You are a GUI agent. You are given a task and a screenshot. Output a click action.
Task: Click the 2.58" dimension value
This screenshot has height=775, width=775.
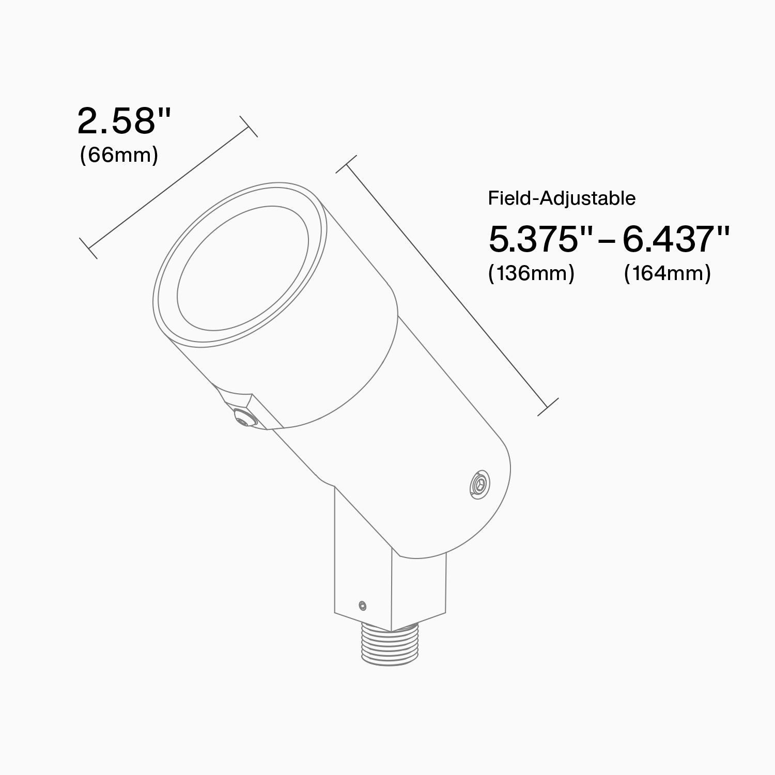coord(124,121)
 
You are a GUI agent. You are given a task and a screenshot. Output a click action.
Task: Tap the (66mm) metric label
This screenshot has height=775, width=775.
coord(119,154)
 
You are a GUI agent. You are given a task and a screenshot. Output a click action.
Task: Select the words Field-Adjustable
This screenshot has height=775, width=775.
coord(562,198)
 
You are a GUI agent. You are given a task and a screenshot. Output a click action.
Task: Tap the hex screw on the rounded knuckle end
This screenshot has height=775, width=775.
coord(479,485)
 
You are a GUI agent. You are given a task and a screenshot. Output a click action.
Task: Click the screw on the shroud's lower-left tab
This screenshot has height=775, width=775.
coord(242,417)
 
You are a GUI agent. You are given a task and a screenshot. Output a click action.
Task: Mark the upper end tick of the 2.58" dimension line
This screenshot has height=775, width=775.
coord(249,126)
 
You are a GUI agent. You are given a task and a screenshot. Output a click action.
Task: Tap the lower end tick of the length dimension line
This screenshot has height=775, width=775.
coord(548,407)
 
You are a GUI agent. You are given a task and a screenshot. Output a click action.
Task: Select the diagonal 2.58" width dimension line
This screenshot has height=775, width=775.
coord(168,188)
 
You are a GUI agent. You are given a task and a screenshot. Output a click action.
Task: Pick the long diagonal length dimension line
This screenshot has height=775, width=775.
coord(447,286)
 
